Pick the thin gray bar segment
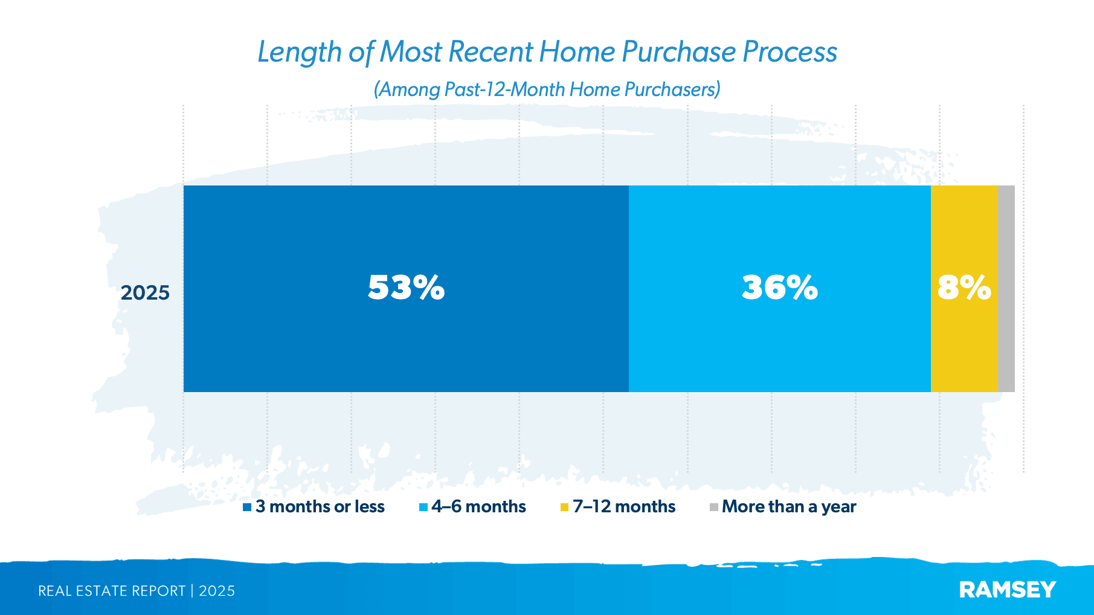click(1006, 289)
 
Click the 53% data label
click(406, 288)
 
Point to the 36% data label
click(779, 288)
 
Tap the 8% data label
click(964, 288)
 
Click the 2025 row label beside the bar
click(145, 293)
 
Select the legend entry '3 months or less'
click(320, 506)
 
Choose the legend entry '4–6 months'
click(478, 506)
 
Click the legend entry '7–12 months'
click(624, 506)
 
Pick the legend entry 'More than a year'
click(789, 506)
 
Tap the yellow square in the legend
click(564, 507)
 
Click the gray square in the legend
click(713, 507)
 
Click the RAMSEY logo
click(1007, 590)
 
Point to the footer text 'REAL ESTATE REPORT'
click(112, 591)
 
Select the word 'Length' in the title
click(299, 52)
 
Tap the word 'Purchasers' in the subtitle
click(672, 89)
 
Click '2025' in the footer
click(217, 591)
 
